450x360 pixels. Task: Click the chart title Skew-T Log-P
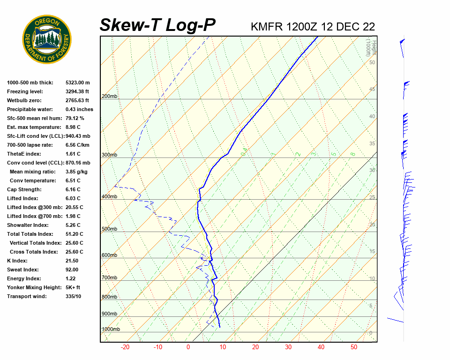(157, 25)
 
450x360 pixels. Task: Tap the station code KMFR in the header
(267, 27)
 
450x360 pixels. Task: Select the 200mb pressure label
(109, 97)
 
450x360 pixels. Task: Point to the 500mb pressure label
(109, 229)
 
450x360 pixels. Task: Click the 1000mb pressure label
(111, 330)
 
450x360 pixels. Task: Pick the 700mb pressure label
(109, 278)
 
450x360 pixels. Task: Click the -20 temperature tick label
(125, 347)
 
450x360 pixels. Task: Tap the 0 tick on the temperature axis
(188, 347)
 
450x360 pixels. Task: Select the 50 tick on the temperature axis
(354, 347)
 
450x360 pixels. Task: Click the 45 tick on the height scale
(372, 89)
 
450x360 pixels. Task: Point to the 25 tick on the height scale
(372, 197)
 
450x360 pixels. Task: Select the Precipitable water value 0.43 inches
(79, 109)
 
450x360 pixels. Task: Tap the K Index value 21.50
(72, 261)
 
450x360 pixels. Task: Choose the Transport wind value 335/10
(73, 296)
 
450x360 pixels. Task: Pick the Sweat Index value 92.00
(72, 270)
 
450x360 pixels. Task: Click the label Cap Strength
(24, 189)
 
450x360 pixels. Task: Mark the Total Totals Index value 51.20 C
(74, 234)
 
